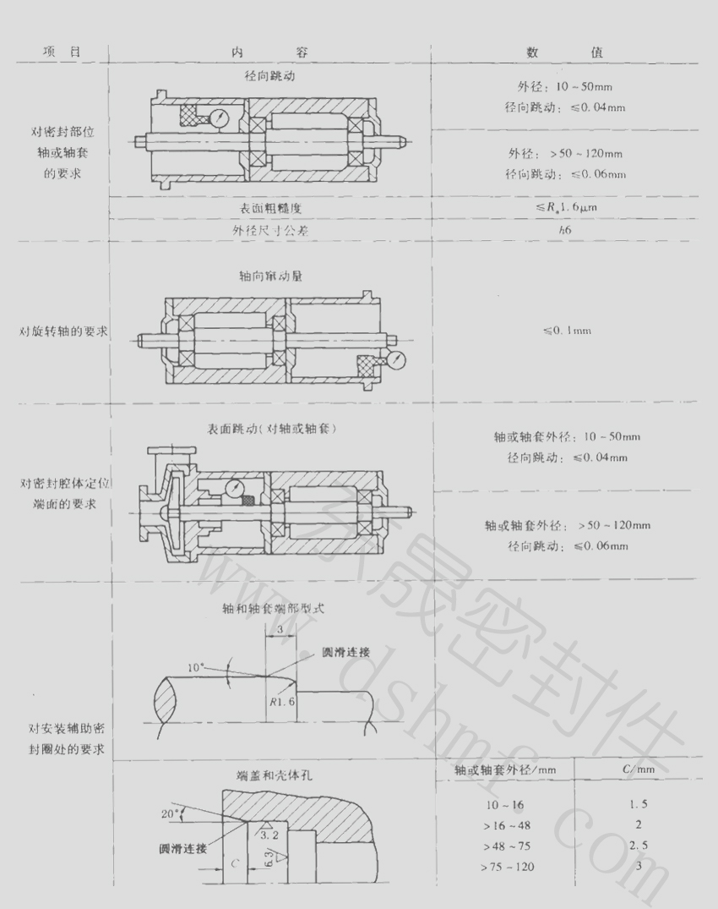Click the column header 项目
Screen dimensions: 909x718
pyautogui.click(x=62, y=52)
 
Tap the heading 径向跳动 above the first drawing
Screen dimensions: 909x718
pyautogui.click(x=270, y=76)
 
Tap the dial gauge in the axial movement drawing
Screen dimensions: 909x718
pyautogui.click(x=394, y=359)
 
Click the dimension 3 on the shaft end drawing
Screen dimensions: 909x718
pyautogui.click(x=280, y=629)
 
